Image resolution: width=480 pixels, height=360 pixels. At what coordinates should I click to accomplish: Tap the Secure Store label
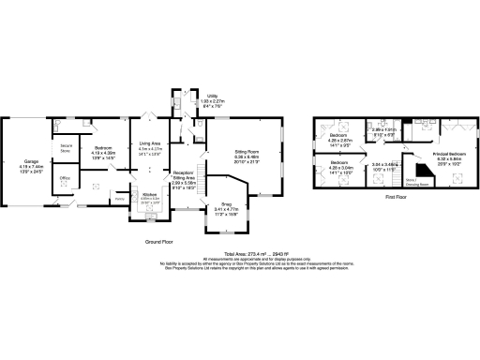[67, 149]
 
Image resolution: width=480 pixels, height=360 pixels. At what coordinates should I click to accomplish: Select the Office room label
[66, 177]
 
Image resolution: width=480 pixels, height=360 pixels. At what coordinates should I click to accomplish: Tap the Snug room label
[227, 203]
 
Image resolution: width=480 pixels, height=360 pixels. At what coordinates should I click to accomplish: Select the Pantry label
[120, 199]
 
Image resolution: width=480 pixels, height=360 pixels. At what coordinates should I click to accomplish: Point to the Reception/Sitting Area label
[184, 174]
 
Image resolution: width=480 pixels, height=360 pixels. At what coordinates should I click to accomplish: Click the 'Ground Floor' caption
[161, 241]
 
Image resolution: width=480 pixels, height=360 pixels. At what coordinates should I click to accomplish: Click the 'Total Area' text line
[239, 255]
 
